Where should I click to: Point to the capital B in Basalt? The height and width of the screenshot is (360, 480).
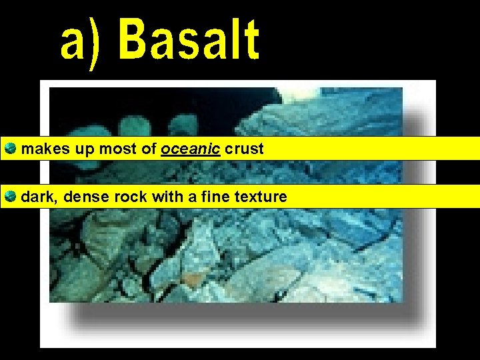(137, 40)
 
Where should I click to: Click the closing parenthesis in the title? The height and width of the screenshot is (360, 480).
(96, 43)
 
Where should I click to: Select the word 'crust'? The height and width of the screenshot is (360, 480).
(244, 149)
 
